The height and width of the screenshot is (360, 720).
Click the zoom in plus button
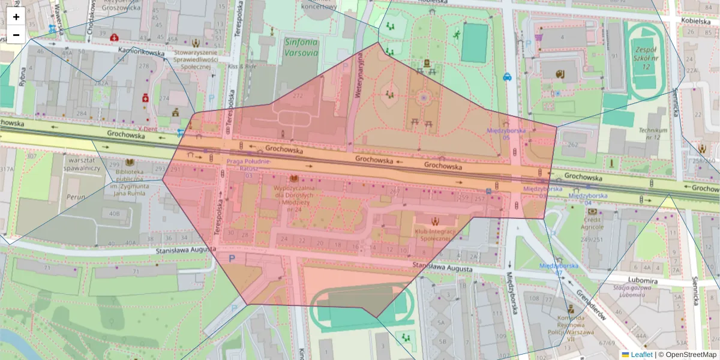point(16,17)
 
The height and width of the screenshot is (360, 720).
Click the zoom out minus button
point(16,35)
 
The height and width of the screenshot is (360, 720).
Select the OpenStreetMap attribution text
point(690,355)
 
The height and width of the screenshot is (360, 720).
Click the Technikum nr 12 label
point(653,134)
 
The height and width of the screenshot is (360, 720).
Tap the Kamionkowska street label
point(142,52)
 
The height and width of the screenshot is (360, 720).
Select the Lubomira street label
point(644,280)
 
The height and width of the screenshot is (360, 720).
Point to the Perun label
point(76,196)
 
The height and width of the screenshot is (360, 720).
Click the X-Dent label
point(148,128)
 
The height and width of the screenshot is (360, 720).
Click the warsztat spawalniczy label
point(83,164)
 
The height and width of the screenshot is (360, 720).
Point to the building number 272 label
point(298,95)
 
